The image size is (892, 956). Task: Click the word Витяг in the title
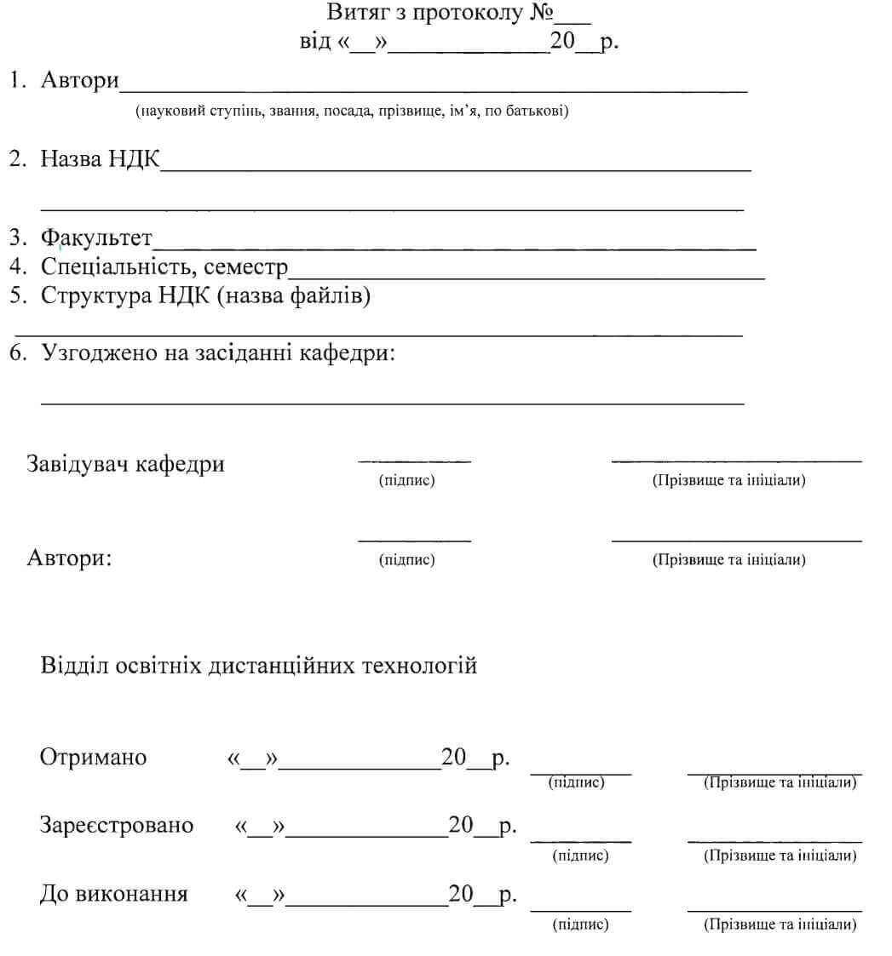pos(353,14)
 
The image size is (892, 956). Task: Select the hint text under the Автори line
pos(352,112)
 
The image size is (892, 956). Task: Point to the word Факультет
pos(97,238)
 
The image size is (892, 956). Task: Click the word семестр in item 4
pos(246,266)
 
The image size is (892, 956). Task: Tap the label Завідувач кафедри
pos(126,465)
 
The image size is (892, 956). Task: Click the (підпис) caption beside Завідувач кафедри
pos(406,481)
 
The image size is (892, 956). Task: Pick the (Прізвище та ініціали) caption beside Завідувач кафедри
pos(729,481)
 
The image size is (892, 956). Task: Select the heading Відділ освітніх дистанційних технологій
pos(258,665)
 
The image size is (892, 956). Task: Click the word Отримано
pos(93,758)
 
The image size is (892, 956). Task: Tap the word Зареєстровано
pos(117,825)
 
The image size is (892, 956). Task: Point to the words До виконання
pos(114,895)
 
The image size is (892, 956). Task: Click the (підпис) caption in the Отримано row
pos(577,782)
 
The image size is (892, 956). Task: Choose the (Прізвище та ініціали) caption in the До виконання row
pos(780,925)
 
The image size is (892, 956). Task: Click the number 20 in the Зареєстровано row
pos(461,824)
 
